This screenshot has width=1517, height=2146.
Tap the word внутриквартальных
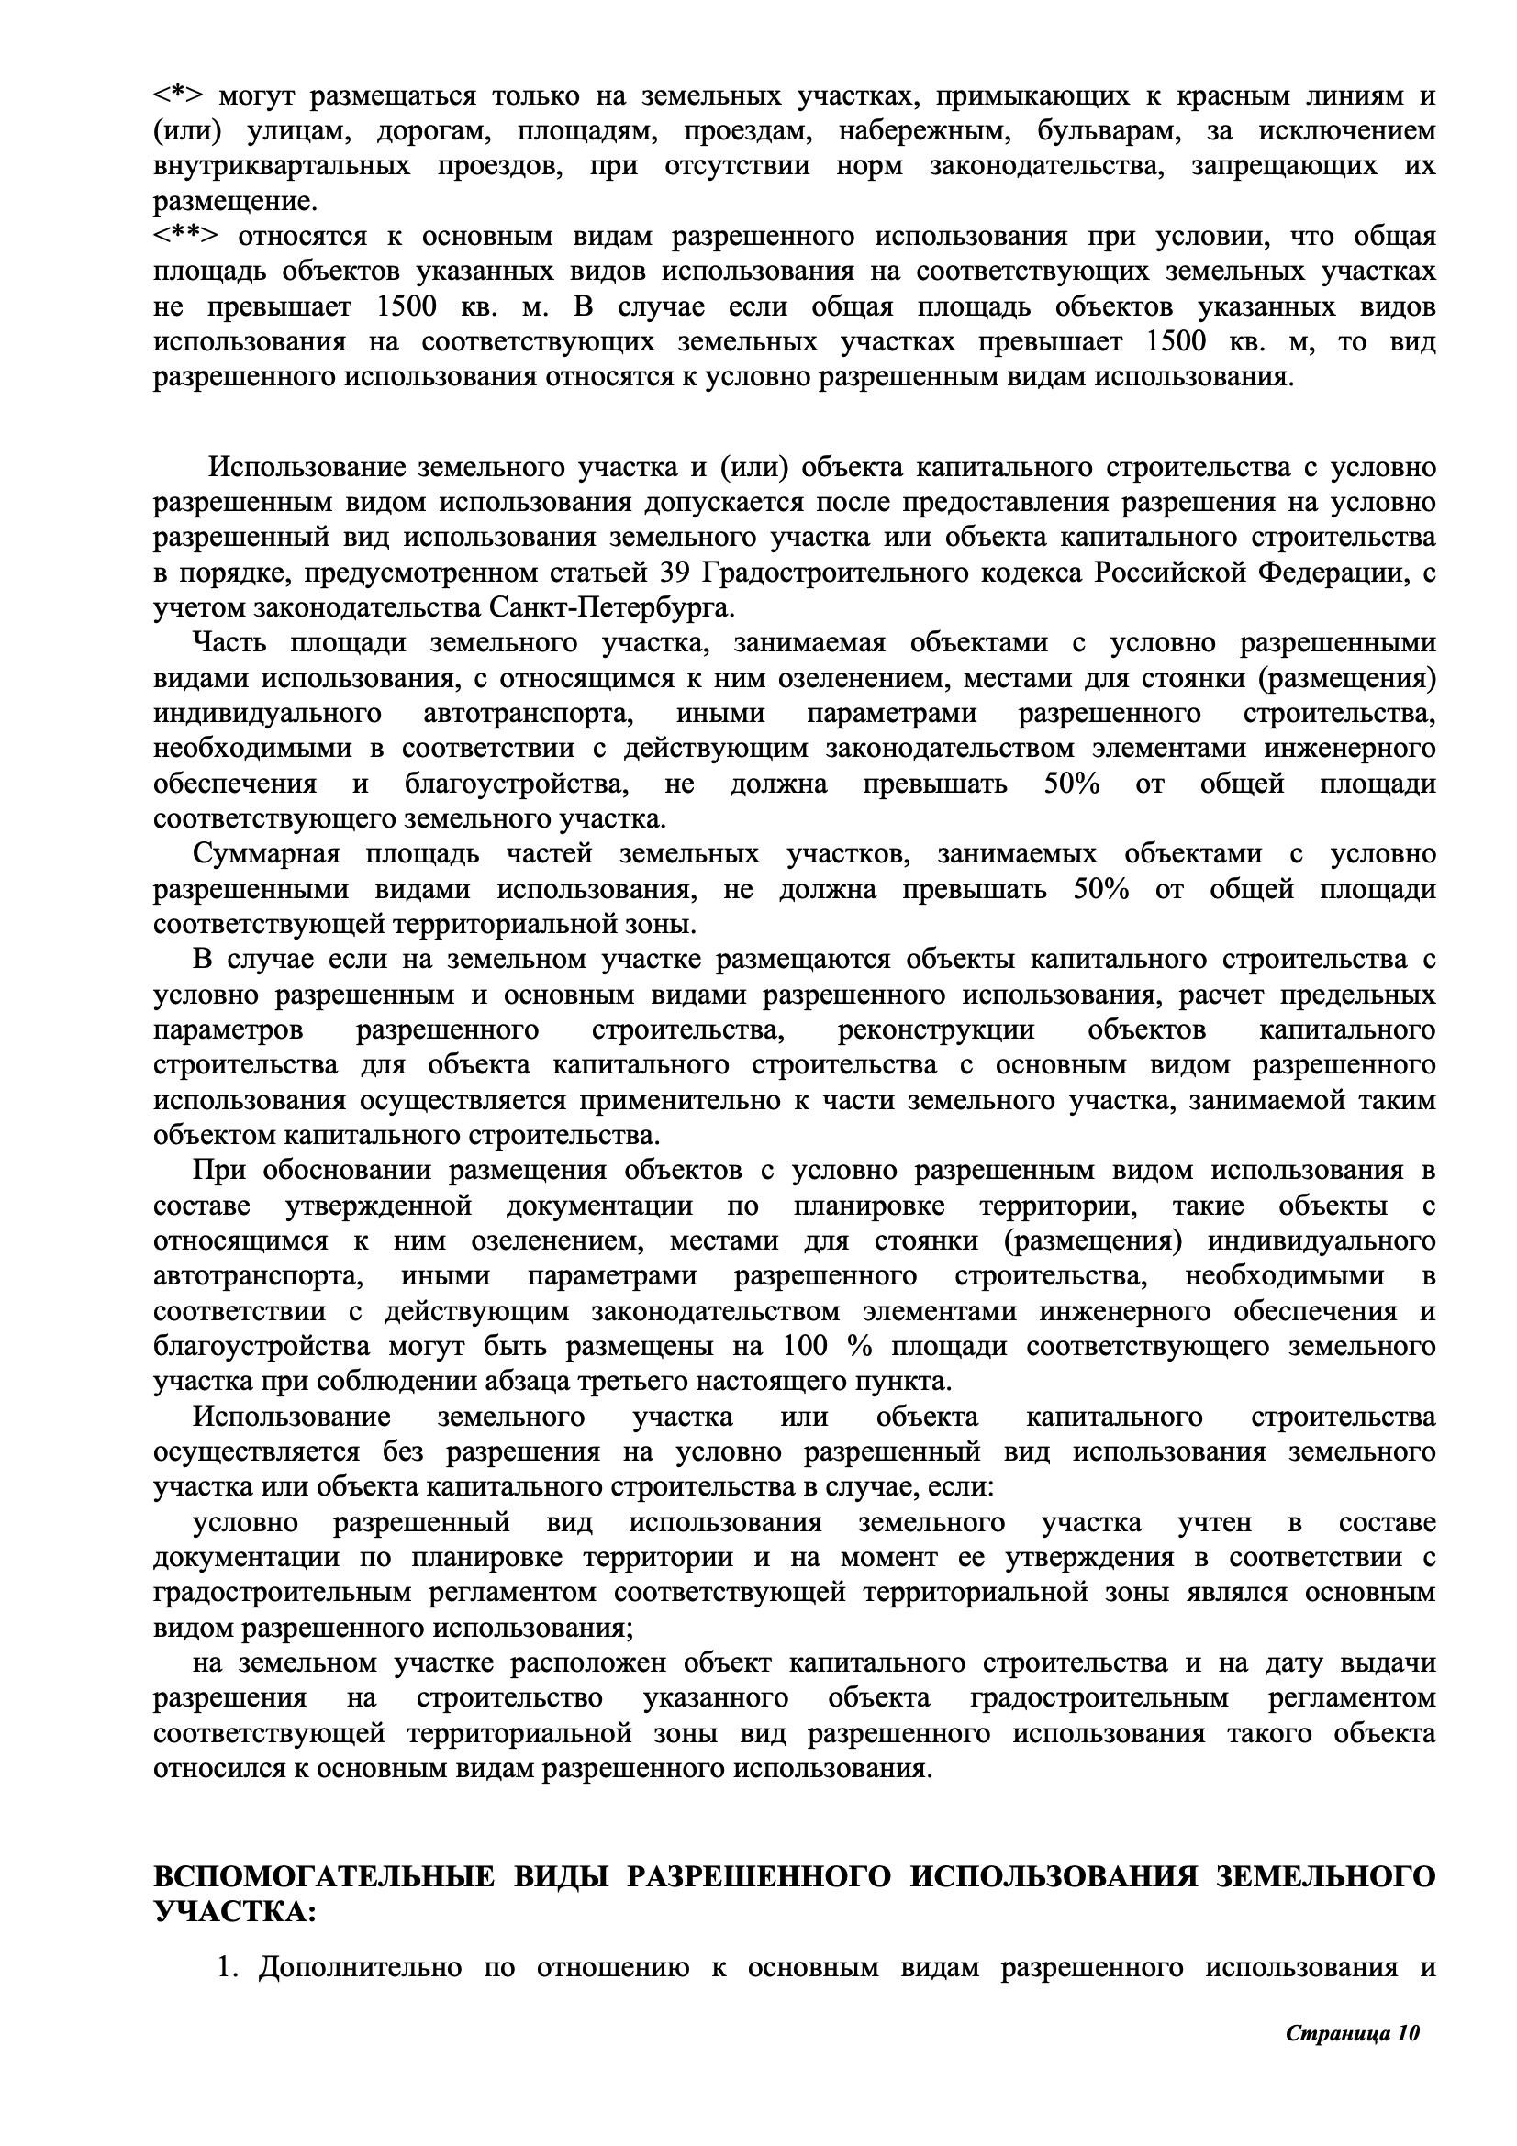(282, 166)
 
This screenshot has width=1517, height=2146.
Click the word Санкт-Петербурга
(611, 607)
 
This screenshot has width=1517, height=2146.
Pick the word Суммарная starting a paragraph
(266, 853)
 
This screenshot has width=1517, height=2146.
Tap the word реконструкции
(936, 1029)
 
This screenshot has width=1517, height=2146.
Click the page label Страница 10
(1353, 2085)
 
